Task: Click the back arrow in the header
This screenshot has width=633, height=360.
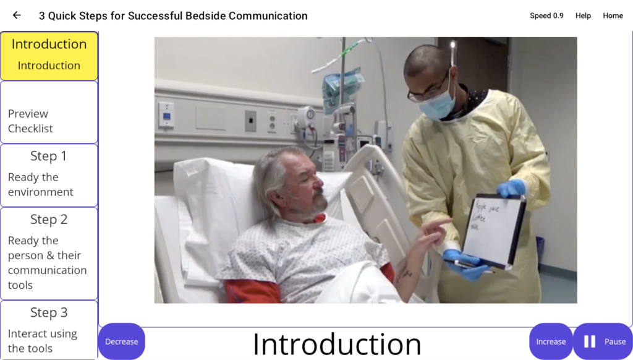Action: coord(17,15)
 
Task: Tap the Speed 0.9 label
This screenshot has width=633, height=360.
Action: coord(546,16)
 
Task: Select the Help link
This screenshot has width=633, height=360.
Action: coord(583,16)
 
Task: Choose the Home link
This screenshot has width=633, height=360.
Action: coord(613,16)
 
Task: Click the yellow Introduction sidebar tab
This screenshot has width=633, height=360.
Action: coord(49,55)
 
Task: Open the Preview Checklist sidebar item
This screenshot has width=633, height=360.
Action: coord(49,113)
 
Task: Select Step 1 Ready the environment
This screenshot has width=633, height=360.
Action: coord(49,175)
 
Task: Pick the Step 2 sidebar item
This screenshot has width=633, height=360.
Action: coord(49,253)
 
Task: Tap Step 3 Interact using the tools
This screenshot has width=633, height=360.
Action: coord(49,330)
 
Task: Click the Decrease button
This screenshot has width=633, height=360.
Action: coord(121,341)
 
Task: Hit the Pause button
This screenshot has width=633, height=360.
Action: coord(602,341)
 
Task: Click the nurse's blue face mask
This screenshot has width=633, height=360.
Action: coord(437,105)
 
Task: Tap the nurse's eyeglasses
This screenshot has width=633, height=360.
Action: coord(427,91)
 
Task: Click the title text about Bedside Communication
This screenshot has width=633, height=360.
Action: coord(173,16)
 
